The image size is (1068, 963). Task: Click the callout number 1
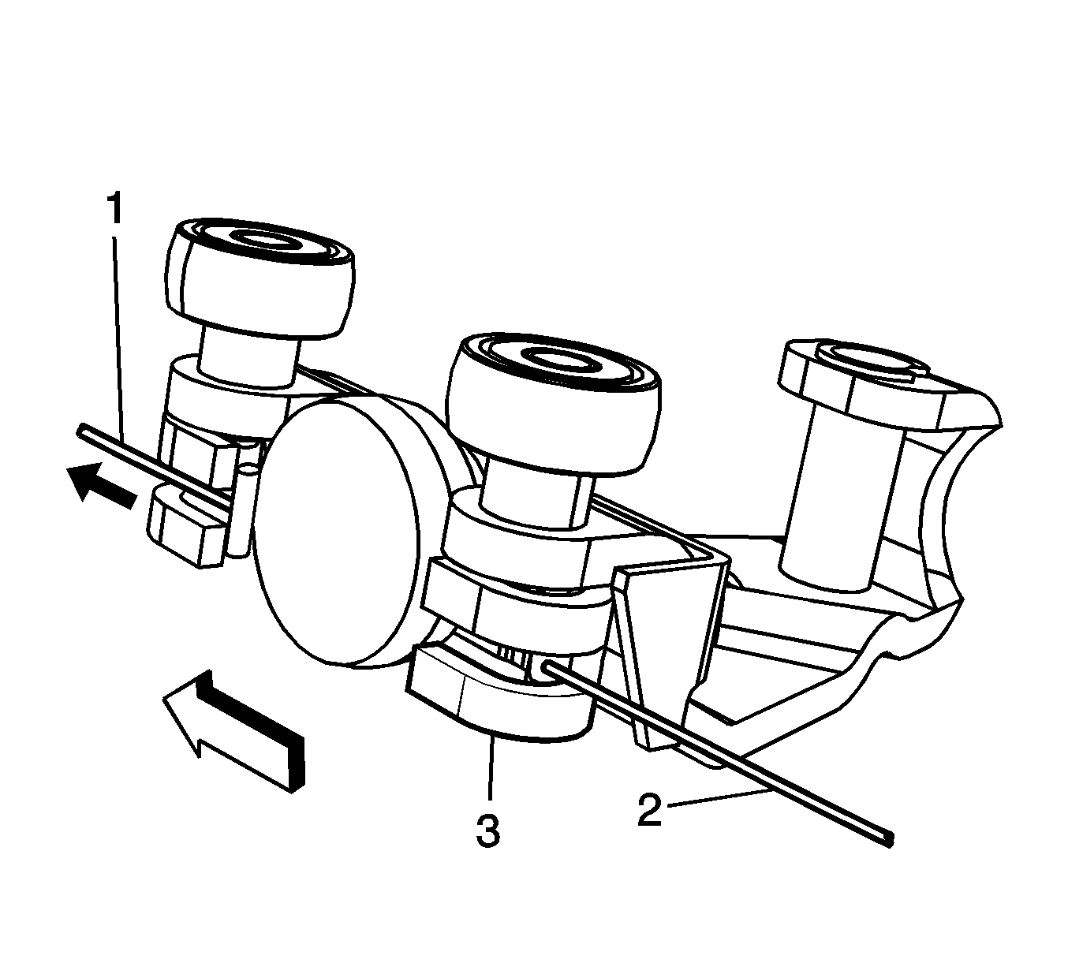click(x=114, y=209)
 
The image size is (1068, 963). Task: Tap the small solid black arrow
click(x=101, y=482)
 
